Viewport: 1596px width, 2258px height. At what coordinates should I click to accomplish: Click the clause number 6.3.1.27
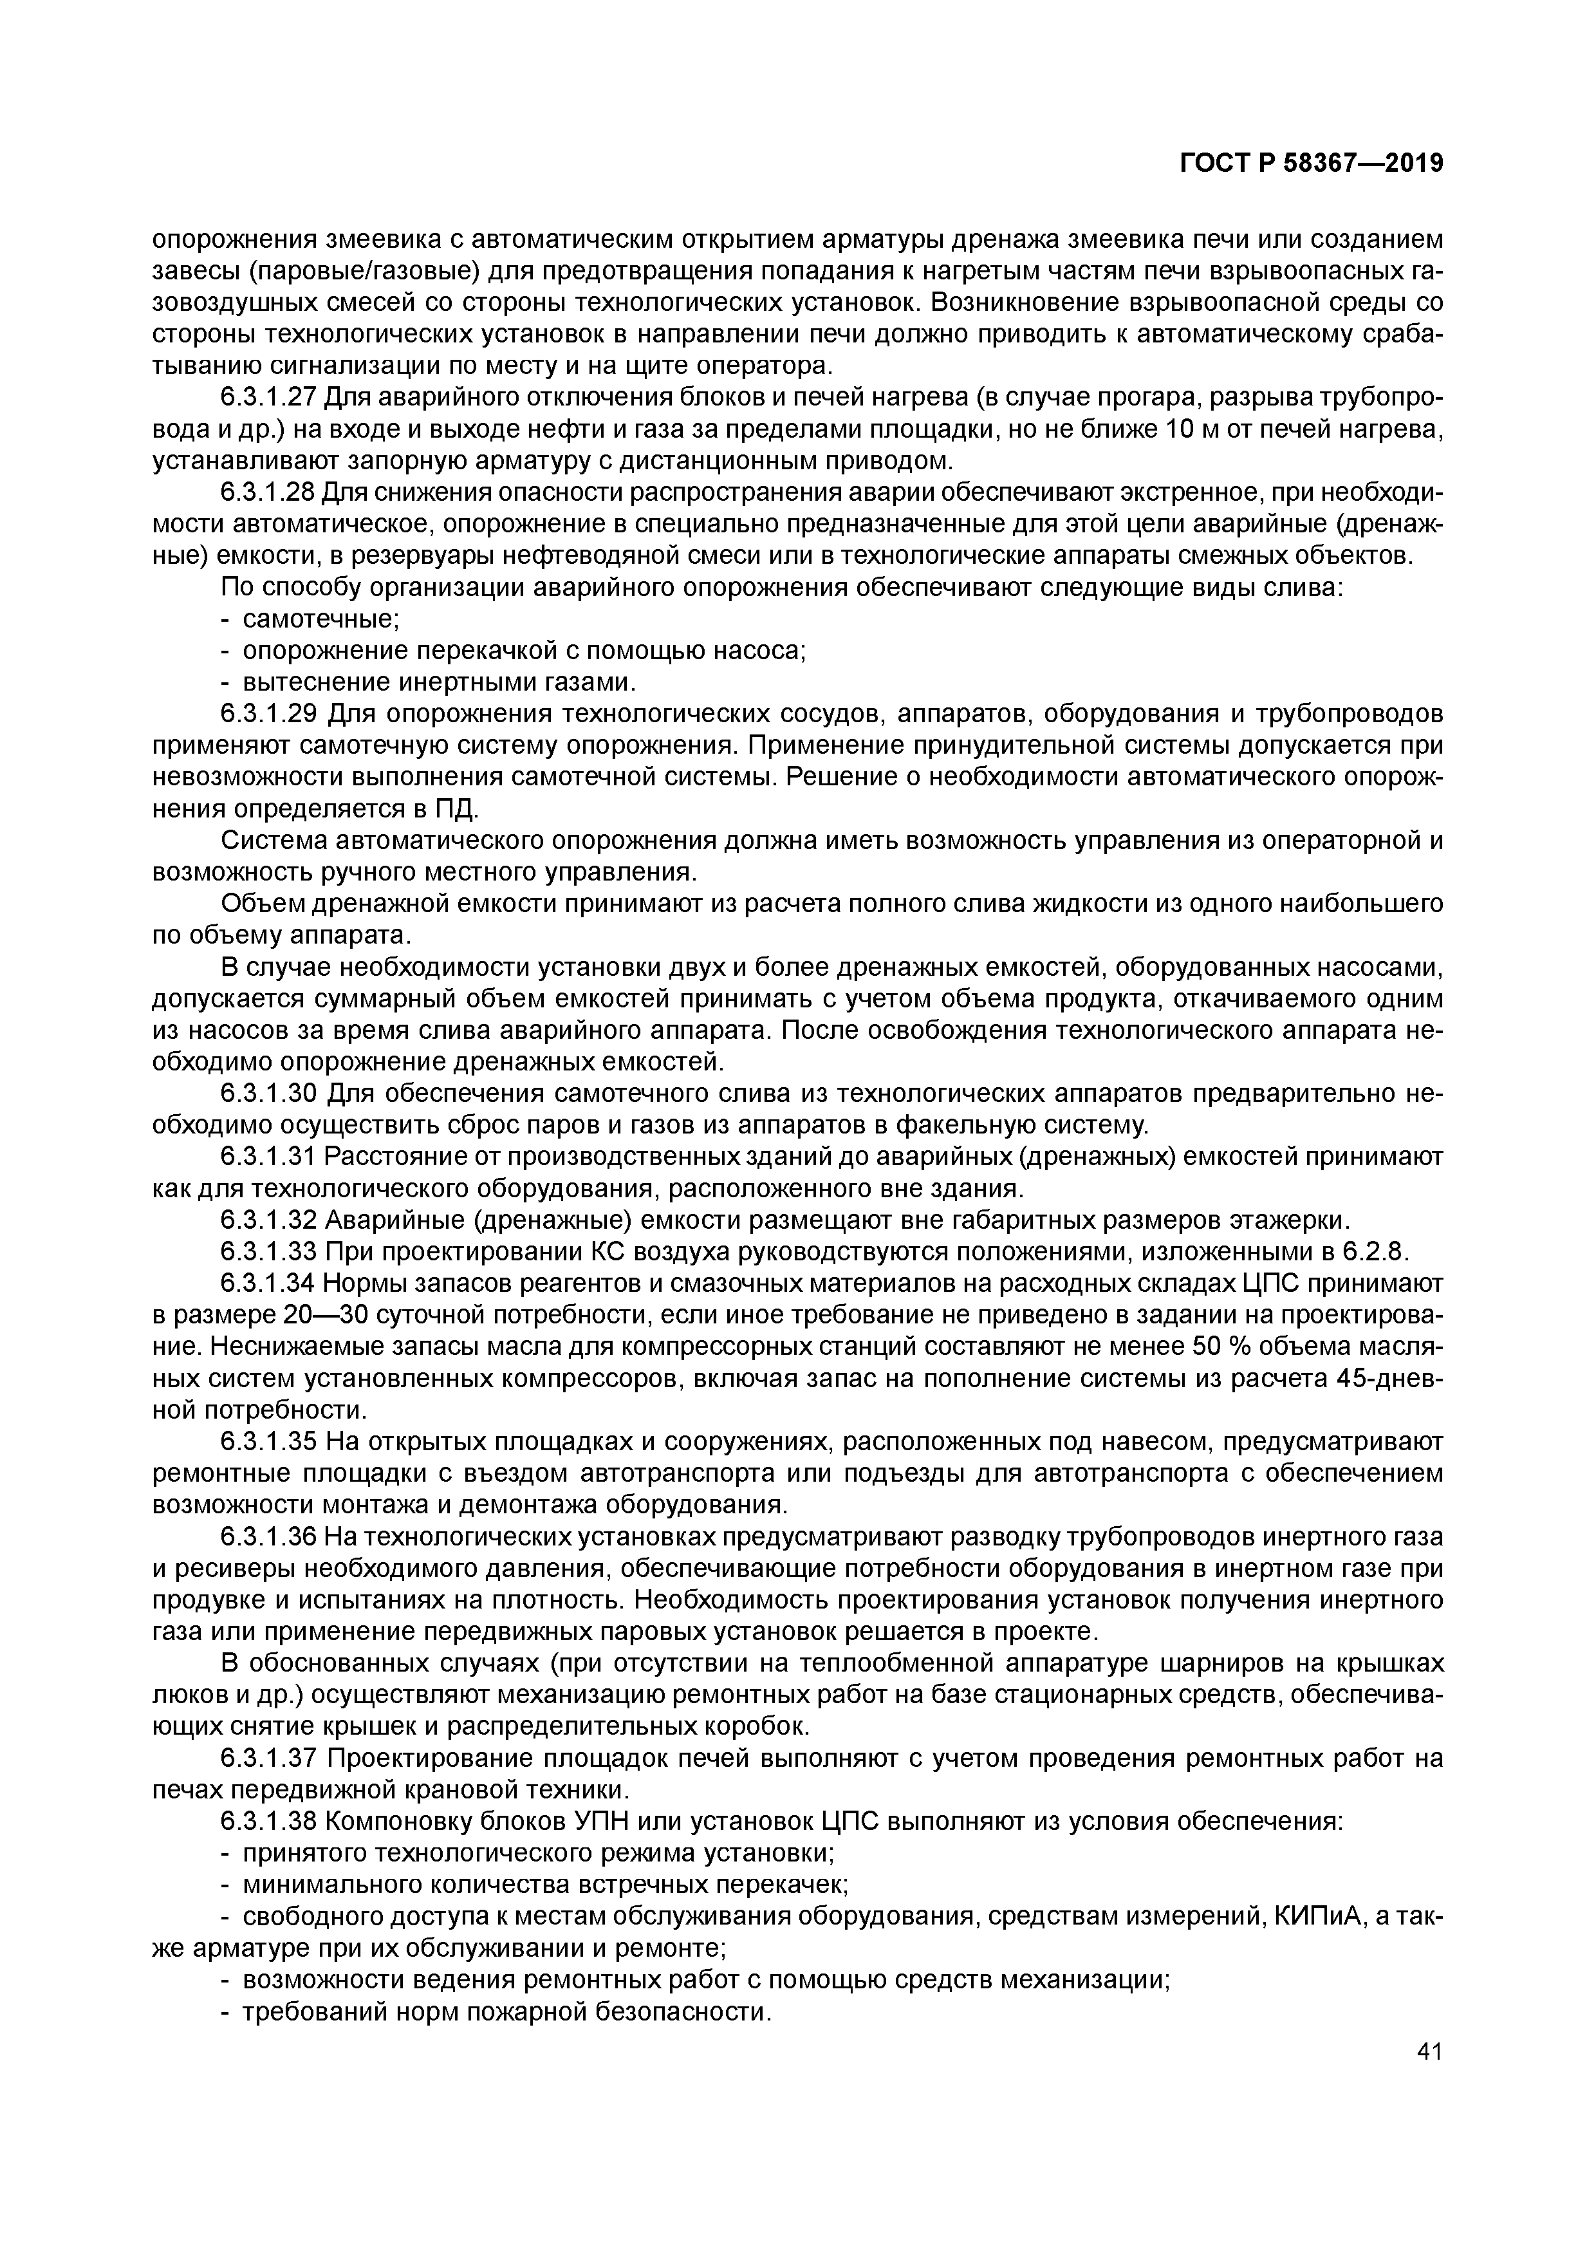click(x=268, y=398)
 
